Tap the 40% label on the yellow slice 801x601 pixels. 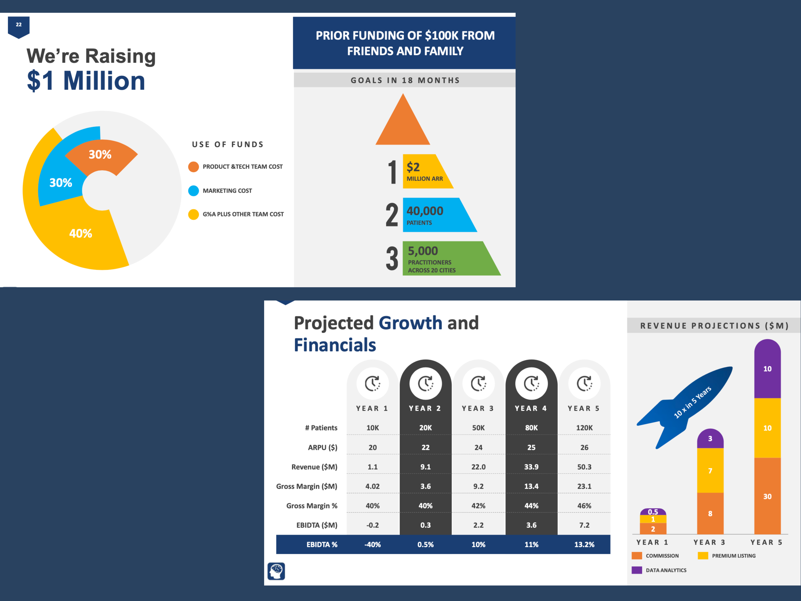click(81, 233)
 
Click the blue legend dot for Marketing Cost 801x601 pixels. click(193, 191)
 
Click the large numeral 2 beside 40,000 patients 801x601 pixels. click(392, 215)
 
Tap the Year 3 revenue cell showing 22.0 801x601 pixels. click(478, 467)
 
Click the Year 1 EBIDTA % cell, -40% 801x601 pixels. click(373, 544)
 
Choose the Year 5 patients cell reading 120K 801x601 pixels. click(584, 428)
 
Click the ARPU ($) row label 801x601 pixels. click(323, 447)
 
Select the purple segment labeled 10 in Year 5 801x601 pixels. click(767, 369)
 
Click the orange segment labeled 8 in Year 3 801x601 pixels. click(710, 513)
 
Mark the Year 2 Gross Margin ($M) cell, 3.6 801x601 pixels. click(425, 486)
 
